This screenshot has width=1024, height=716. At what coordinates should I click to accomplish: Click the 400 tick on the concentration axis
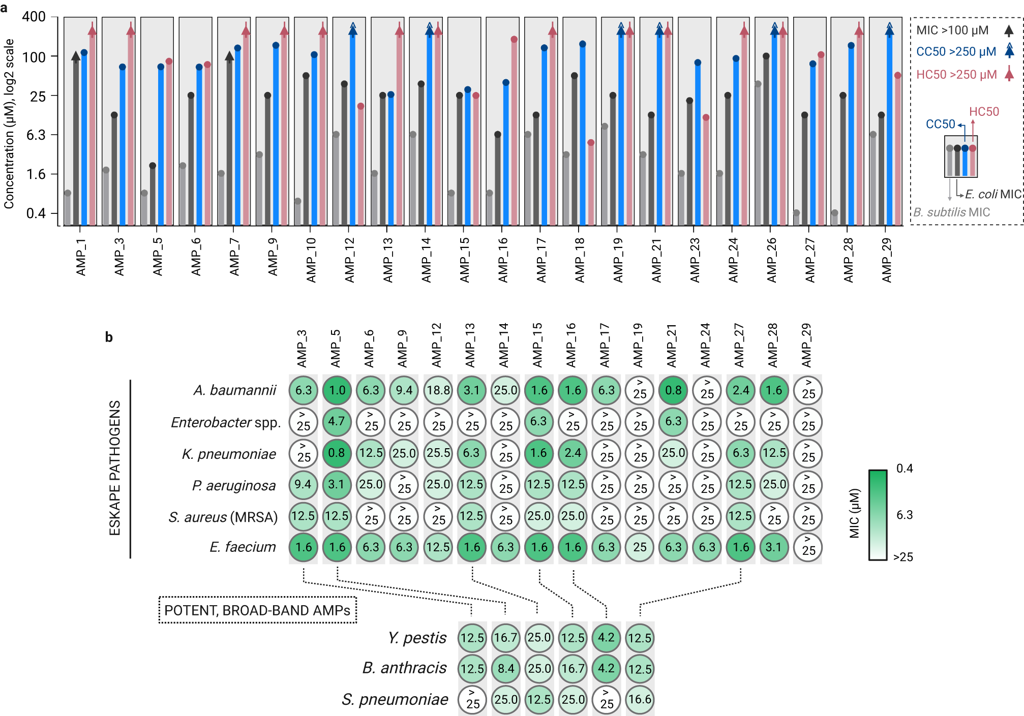tap(34, 17)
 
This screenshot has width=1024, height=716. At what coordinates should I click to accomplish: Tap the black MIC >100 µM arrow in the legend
tap(1009, 30)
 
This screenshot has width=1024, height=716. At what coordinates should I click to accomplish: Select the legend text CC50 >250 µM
tap(955, 52)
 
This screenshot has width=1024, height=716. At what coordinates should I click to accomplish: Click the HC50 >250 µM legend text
tap(956, 75)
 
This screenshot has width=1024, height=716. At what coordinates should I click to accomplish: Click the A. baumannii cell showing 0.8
tap(673, 390)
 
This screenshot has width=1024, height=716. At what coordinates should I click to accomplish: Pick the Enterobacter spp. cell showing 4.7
tap(337, 421)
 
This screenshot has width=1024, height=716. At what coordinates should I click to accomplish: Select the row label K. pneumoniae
tap(229, 454)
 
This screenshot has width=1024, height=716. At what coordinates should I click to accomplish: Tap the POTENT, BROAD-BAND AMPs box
tap(257, 610)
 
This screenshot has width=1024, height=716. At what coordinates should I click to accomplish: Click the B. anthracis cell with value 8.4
tap(505, 668)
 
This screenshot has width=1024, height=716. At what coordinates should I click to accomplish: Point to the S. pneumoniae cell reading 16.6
tap(640, 699)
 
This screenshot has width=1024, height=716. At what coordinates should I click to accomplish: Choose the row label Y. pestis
tap(417, 638)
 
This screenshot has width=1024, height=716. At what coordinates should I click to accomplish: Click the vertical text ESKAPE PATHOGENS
tap(115, 468)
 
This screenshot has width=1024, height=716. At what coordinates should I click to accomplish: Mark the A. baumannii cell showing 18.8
tap(438, 390)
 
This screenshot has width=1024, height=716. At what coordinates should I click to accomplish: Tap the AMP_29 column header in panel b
tap(806, 346)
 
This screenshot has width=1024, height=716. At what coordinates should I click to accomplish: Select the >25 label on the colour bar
tap(903, 557)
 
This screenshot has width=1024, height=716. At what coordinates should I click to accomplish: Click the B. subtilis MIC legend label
tap(951, 212)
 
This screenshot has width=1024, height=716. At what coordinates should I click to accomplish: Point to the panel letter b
tap(109, 337)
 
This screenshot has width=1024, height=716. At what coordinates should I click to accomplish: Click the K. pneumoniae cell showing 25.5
tap(438, 453)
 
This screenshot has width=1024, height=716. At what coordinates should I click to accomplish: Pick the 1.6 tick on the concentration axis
tap(36, 174)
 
